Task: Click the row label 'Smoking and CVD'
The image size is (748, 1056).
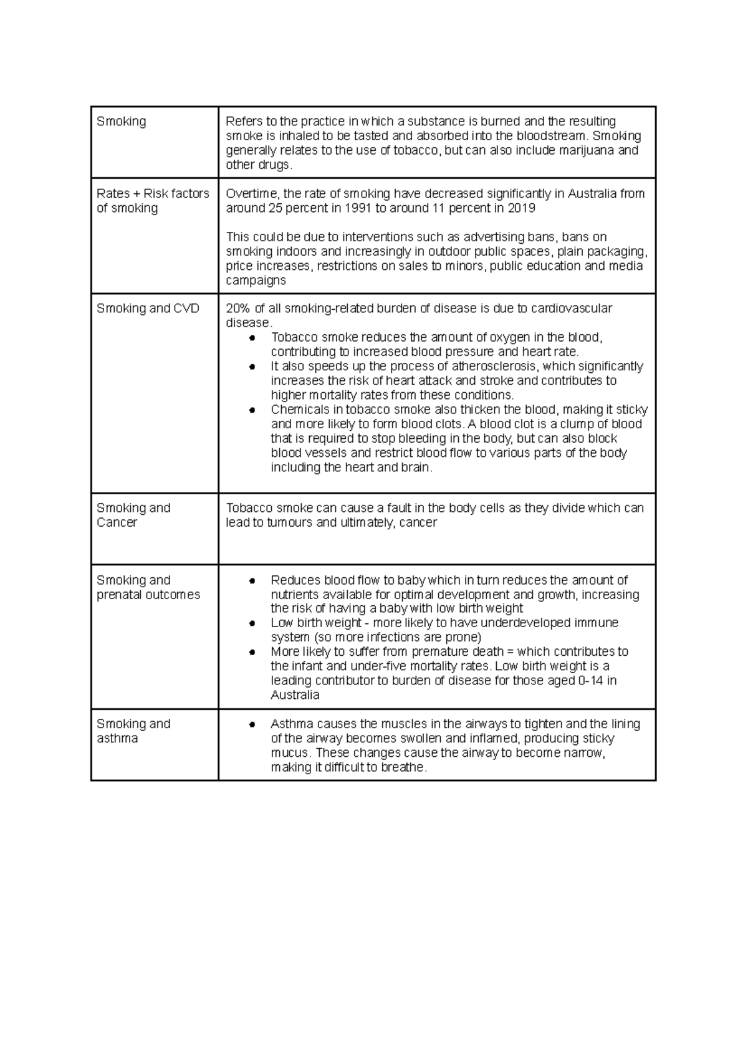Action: point(148,309)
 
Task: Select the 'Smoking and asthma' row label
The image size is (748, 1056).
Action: point(133,731)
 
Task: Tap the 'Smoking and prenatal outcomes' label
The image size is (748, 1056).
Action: point(148,587)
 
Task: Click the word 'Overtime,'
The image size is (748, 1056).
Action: point(252,194)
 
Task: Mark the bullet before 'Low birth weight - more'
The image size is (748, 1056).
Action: point(252,623)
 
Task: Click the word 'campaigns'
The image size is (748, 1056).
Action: point(256,281)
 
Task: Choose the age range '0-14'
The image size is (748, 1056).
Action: point(590,681)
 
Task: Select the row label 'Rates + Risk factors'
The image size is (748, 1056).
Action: point(153,194)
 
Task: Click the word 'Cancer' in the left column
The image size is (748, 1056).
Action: point(117,522)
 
